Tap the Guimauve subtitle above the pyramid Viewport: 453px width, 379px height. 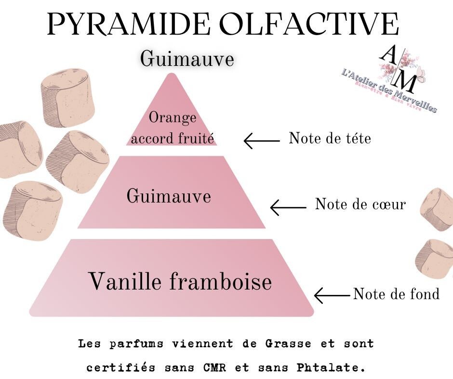pyautogui.click(x=187, y=60)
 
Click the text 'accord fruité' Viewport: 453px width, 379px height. pyautogui.click(x=173, y=139)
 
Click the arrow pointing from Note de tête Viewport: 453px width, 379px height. pyautogui.click(x=261, y=141)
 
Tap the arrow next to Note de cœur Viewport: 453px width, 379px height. pyautogui.click(x=288, y=208)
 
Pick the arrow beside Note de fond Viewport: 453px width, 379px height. pyautogui.click(x=332, y=294)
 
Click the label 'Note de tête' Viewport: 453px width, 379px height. pyautogui.click(x=330, y=139)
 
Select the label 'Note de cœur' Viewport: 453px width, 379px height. pyautogui.click(x=360, y=204)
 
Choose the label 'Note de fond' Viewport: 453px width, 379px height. pyautogui.click(x=396, y=294)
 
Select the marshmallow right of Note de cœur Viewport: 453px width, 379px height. pyautogui.click(x=437, y=210)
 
